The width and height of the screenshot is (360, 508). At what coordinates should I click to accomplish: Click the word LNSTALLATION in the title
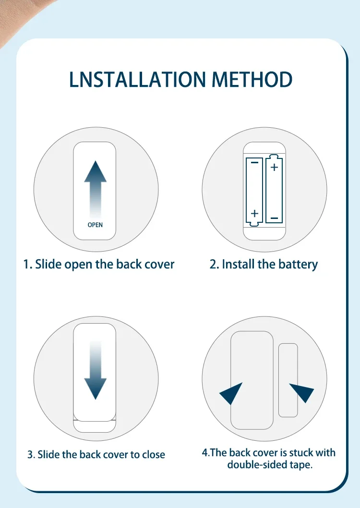point(138,79)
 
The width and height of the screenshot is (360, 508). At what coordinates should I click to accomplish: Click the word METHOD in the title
point(252,79)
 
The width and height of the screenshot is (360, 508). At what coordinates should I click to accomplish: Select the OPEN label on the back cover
point(95,225)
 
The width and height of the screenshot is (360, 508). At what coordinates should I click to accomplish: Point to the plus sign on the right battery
point(274,167)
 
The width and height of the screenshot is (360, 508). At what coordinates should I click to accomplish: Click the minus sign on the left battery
point(254,162)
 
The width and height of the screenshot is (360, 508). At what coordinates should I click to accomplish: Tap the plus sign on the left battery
point(254,213)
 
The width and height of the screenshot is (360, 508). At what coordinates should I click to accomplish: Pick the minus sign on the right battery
point(274,218)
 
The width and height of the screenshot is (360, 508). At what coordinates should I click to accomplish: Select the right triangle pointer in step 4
point(302,392)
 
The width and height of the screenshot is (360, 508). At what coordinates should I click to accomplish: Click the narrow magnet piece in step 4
point(288,380)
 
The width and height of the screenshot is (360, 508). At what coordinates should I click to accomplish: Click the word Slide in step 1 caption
point(48,264)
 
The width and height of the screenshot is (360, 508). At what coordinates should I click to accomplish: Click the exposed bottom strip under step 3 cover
point(95,426)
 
